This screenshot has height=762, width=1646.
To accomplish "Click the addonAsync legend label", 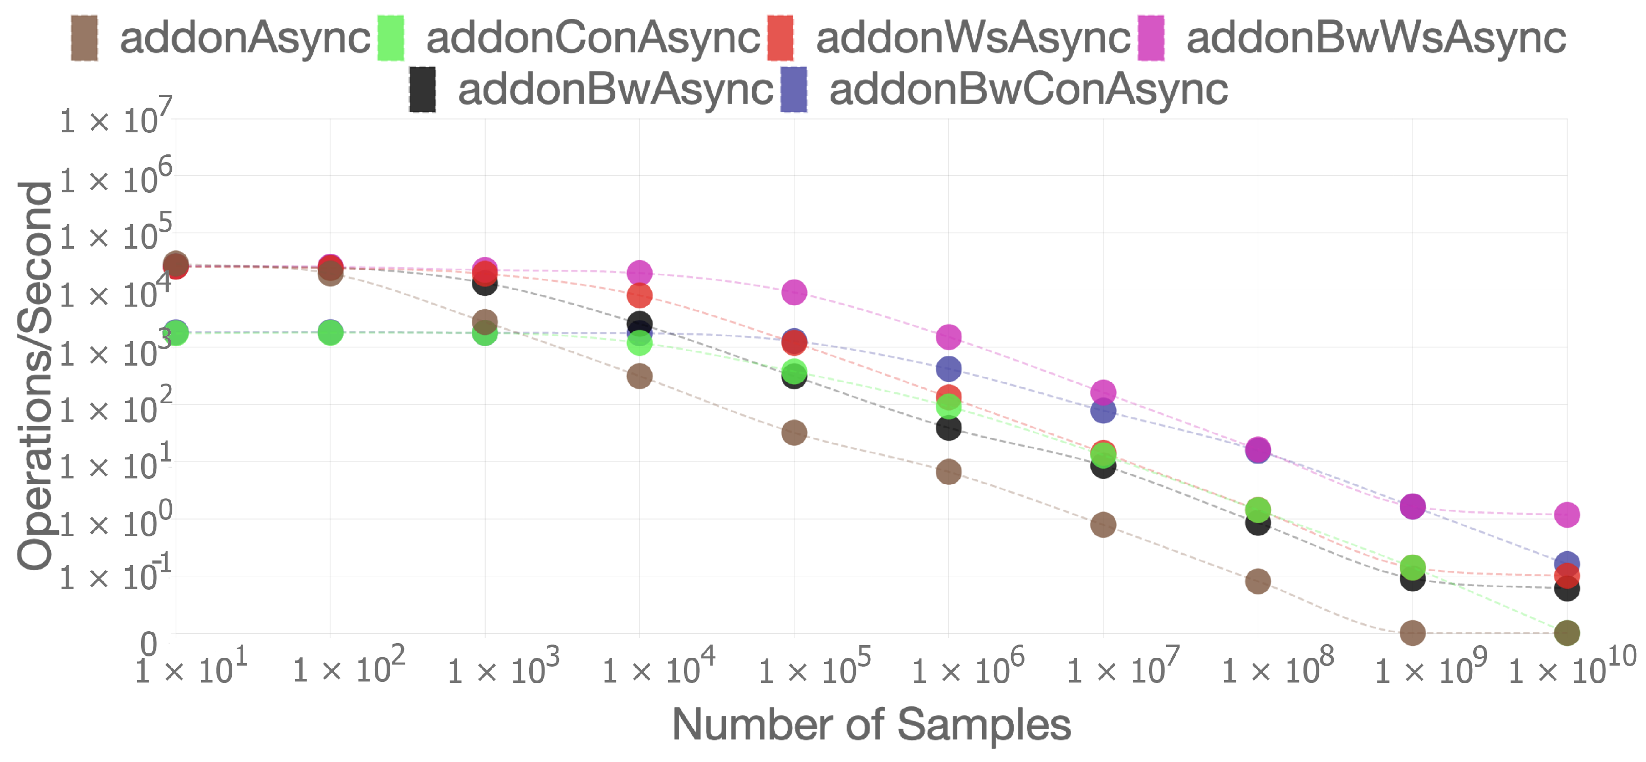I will [245, 37].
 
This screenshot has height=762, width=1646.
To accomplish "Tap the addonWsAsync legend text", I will [973, 37].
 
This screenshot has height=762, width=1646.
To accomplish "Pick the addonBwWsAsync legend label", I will [1376, 37].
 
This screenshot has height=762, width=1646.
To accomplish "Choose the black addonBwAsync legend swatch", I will [423, 89].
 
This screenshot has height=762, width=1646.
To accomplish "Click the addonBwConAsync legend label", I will [1028, 89].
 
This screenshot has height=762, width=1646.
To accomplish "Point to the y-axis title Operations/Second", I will [35, 375].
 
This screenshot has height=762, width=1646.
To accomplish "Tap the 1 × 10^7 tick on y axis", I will [115, 119].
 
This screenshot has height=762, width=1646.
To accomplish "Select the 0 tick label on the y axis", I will [148, 644].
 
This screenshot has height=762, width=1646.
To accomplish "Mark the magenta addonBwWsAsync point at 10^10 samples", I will [1567, 514].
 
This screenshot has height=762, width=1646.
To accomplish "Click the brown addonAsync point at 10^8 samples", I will [1257, 581].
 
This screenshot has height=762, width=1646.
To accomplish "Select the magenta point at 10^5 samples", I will [794, 292].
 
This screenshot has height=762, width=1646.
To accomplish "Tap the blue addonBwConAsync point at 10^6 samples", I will [948, 369].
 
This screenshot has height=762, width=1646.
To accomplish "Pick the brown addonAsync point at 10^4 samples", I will [639, 376].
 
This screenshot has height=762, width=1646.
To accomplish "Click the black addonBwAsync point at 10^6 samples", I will [948, 428].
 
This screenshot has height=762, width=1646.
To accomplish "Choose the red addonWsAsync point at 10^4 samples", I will [639, 295].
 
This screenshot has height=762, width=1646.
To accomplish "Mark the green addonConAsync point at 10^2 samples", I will [330, 332].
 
